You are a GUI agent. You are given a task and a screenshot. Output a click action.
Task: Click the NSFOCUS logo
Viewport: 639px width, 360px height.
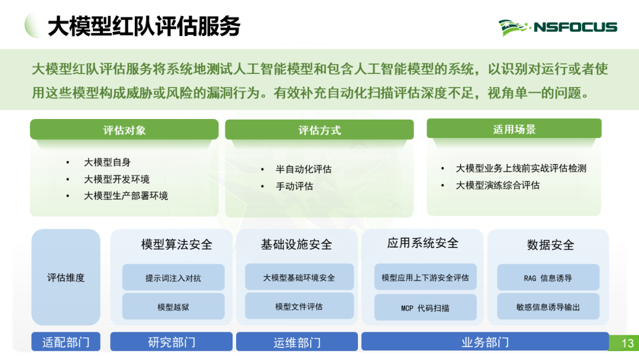coord(557,27)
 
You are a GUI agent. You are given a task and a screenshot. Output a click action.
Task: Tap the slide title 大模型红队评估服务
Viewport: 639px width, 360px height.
coord(144,27)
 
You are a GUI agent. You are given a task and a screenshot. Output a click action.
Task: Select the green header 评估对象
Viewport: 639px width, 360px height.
coord(124,130)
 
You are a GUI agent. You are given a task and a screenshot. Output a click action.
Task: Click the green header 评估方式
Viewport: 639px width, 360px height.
coord(319,130)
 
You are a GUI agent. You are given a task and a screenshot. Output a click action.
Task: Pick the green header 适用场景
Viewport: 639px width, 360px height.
coord(514,129)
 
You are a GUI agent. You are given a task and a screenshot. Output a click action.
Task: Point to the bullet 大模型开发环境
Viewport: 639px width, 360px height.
coord(117,179)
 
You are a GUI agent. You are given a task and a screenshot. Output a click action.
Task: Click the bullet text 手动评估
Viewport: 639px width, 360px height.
coord(294,187)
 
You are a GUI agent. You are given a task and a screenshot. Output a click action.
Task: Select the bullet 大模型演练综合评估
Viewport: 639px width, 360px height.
coord(497,185)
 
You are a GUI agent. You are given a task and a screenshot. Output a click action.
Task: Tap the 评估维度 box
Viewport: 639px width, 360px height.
coord(66,277)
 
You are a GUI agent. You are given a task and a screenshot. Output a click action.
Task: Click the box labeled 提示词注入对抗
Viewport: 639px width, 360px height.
coord(173,277)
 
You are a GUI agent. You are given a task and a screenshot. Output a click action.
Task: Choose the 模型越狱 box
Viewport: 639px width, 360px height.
coord(173,306)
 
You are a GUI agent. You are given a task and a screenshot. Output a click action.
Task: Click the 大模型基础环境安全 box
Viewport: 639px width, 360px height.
coord(299,277)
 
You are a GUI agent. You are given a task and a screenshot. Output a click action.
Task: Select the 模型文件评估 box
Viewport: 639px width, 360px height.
coord(299,306)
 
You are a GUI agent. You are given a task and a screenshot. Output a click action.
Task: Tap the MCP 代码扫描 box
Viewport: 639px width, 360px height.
coord(425,307)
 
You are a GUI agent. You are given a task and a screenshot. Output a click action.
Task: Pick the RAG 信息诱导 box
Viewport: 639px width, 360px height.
coord(548,277)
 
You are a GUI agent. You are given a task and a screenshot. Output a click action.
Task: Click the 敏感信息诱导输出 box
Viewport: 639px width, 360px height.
coord(548,306)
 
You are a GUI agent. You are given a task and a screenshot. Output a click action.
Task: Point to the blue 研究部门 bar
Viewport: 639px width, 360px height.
coord(172,342)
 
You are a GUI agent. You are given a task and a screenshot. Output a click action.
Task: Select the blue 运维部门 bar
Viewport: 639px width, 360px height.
coord(297,342)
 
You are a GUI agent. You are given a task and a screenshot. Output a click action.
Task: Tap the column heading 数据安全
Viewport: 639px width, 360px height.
coord(551,245)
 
